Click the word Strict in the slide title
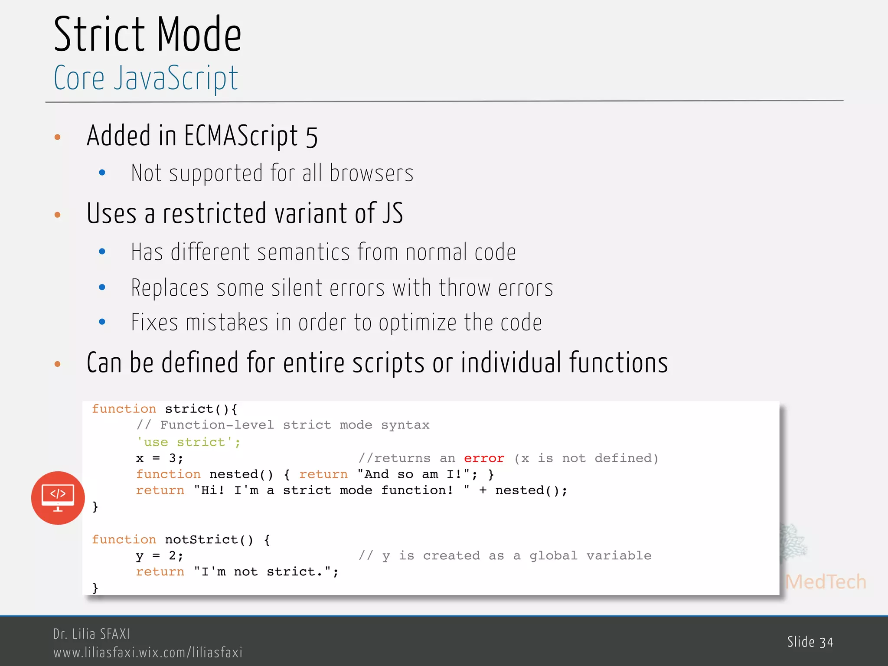pyautogui.click(x=99, y=35)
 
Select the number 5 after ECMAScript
pyautogui.click(x=311, y=137)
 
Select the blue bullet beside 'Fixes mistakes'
pyautogui.click(x=102, y=322)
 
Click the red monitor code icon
pyautogui.click(x=58, y=498)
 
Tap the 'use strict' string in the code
pyautogui.click(x=188, y=442)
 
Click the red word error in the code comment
pyautogui.click(x=484, y=458)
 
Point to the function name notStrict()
pyautogui.click(x=209, y=540)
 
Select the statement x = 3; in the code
pyautogui.click(x=160, y=458)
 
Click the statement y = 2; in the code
pyautogui.click(x=160, y=556)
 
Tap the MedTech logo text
pyautogui.click(x=826, y=582)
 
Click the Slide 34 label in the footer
pyautogui.click(x=810, y=642)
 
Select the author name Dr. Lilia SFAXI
pyautogui.click(x=91, y=634)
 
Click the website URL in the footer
pyautogui.click(x=148, y=653)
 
